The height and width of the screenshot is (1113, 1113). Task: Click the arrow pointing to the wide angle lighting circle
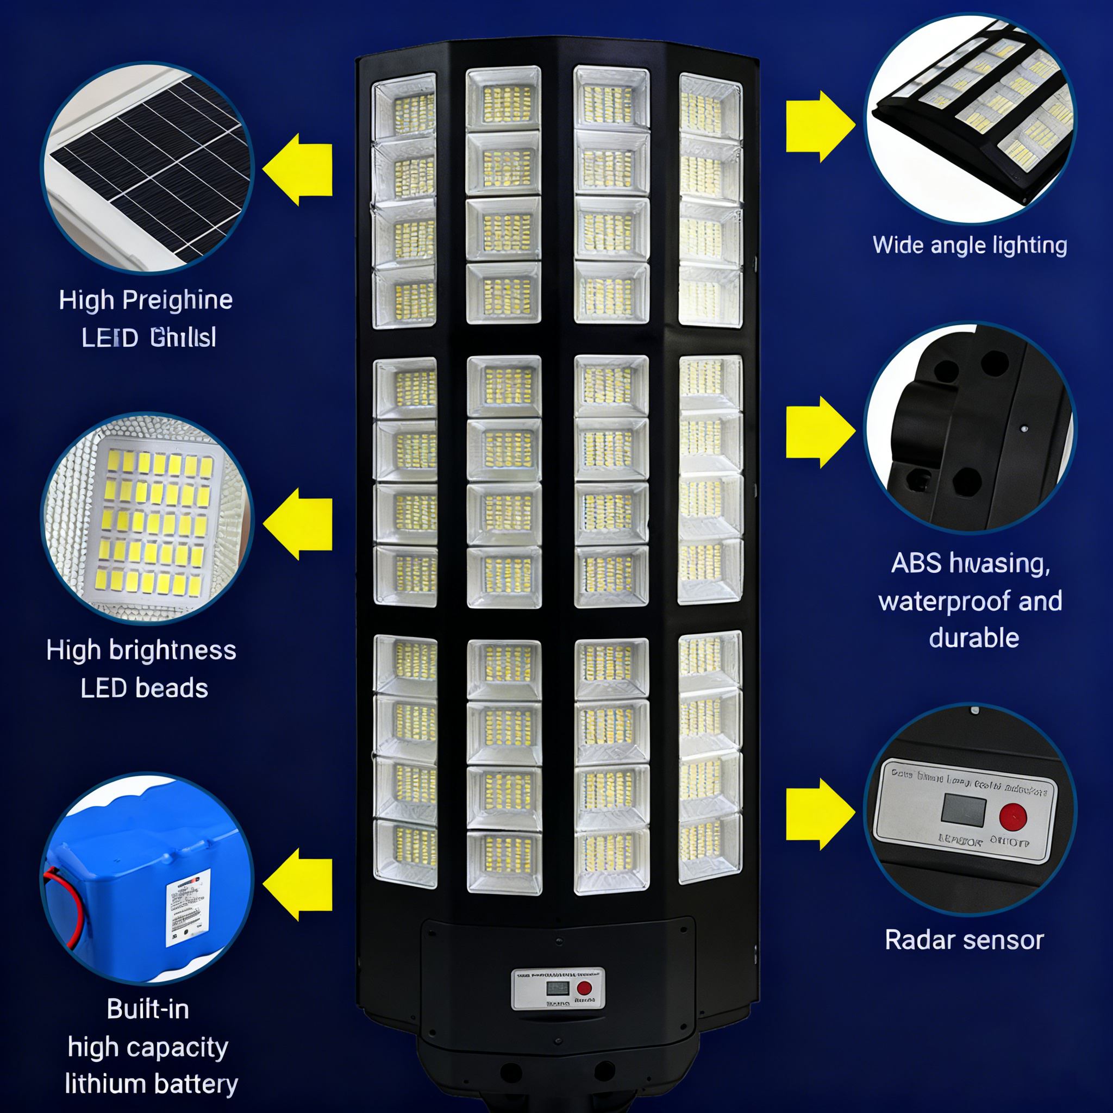[818, 126]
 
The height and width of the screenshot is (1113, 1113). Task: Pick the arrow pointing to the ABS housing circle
[818, 432]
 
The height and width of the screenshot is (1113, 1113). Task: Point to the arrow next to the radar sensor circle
[818, 814]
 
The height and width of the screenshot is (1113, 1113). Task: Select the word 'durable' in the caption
[973, 639]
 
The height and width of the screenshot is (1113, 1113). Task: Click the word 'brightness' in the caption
[173, 651]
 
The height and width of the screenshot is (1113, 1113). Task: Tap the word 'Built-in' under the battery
[148, 1009]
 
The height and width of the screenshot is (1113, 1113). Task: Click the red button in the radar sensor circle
[1013, 817]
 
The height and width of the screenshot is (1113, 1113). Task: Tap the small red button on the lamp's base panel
[584, 989]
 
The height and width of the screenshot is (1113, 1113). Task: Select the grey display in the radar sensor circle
[963, 809]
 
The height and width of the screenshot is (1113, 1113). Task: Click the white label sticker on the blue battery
[187, 908]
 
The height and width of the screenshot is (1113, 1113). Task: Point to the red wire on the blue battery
[68, 904]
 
